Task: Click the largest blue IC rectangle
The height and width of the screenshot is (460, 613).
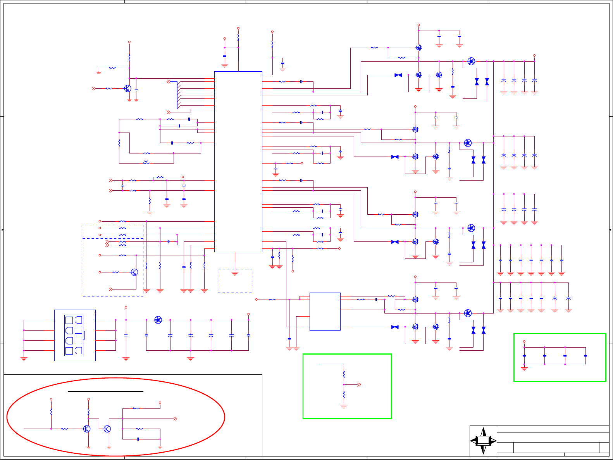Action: (x=238, y=162)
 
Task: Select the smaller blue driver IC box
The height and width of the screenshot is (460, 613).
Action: (x=325, y=311)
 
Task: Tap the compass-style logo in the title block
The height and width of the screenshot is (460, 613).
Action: (x=483, y=441)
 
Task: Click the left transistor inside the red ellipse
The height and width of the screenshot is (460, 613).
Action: (x=87, y=429)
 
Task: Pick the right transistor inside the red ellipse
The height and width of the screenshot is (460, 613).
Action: (x=107, y=429)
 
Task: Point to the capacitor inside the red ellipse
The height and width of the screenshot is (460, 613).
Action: (x=138, y=439)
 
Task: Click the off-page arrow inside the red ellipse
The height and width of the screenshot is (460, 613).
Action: (x=175, y=419)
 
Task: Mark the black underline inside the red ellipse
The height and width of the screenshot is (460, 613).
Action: (x=105, y=391)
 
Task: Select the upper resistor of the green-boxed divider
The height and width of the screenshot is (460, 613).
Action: (x=344, y=375)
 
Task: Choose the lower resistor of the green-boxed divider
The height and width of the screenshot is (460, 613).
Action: (x=344, y=395)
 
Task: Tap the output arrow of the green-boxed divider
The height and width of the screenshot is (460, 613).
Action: (x=359, y=385)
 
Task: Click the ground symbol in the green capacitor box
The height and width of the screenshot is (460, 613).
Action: (x=524, y=369)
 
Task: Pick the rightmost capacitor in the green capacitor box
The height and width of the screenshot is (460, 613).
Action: (x=585, y=355)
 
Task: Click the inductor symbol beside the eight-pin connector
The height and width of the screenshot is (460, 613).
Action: (x=158, y=320)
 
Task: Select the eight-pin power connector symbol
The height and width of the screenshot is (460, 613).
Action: (x=74, y=335)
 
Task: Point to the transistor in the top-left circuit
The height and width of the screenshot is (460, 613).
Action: (x=128, y=88)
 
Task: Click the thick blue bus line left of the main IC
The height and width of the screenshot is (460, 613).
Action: (x=177, y=95)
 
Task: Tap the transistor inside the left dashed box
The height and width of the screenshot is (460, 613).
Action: (x=134, y=272)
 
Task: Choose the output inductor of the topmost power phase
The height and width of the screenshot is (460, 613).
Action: (x=471, y=61)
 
